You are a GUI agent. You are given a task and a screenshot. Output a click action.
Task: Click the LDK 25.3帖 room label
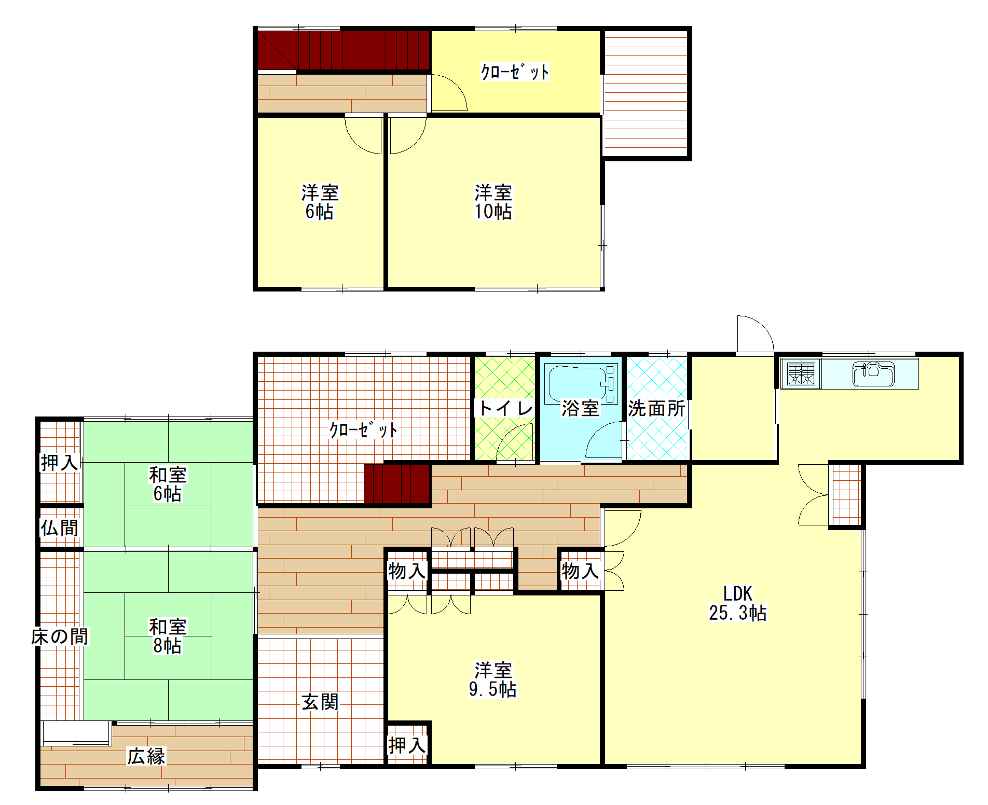click(x=737, y=603)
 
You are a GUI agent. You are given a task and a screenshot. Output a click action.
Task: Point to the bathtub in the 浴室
click(x=580, y=384)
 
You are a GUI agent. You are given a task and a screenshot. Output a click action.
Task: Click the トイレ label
click(x=505, y=408)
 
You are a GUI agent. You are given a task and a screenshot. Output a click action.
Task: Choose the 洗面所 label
click(x=656, y=409)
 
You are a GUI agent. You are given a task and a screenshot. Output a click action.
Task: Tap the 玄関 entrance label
click(x=320, y=702)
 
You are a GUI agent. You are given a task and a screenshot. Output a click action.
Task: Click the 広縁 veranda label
click(x=146, y=756)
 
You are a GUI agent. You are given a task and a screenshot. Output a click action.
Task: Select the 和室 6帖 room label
click(x=168, y=484)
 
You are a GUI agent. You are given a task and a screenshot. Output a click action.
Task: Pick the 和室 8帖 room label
click(x=168, y=636)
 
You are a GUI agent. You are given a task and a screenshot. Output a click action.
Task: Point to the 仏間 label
click(x=60, y=528)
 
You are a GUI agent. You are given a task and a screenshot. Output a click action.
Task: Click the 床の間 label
click(x=60, y=636)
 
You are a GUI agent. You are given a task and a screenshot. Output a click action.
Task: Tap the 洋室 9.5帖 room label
click(x=492, y=679)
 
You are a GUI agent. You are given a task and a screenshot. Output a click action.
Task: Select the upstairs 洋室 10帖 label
click(x=493, y=202)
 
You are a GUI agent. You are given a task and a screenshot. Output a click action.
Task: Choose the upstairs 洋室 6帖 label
click(x=320, y=202)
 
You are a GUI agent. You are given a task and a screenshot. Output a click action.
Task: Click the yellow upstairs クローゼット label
click(x=515, y=72)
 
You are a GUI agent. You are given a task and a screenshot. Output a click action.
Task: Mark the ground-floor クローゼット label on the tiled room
click(x=363, y=429)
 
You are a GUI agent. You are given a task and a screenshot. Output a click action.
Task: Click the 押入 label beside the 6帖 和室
click(x=60, y=462)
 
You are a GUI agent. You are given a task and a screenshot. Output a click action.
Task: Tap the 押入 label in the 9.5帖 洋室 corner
click(x=407, y=745)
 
